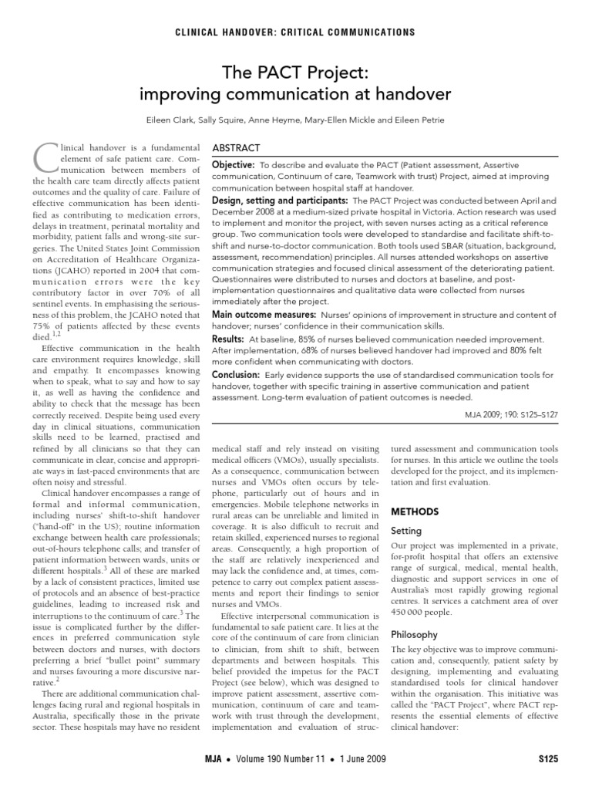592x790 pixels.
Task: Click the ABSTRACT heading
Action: (238, 148)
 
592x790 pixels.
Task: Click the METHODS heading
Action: (416, 511)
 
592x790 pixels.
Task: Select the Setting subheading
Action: (407, 531)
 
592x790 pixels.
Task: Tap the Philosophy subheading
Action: (415, 634)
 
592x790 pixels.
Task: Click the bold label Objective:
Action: (233, 165)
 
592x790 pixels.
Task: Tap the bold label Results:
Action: (229, 339)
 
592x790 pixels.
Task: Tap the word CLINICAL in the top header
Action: (203, 32)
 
